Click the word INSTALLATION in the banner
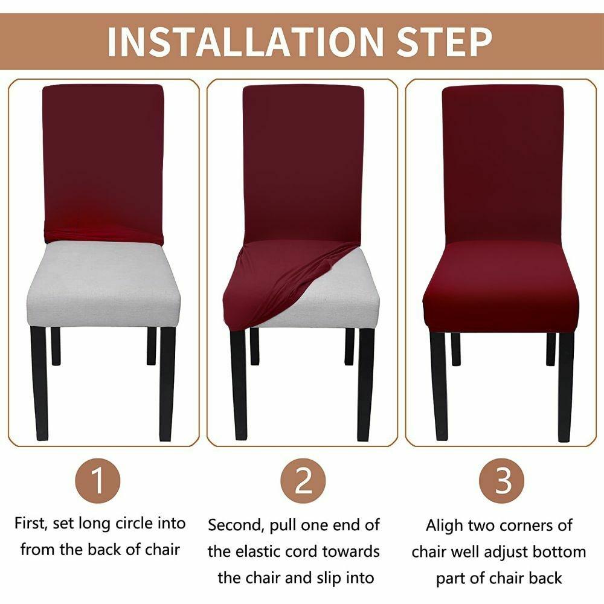(x=245, y=42)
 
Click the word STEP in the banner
(x=444, y=42)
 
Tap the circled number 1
(x=98, y=480)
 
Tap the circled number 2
(x=303, y=480)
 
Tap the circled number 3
(x=501, y=480)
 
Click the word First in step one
(x=31, y=524)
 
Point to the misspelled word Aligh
(x=444, y=526)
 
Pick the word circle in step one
(x=135, y=524)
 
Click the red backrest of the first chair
(x=103, y=162)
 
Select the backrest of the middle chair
(x=303, y=162)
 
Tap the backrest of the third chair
(x=503, y=162)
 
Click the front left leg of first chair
(x=39, y=384)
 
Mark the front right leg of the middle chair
(x=365, y=384)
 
